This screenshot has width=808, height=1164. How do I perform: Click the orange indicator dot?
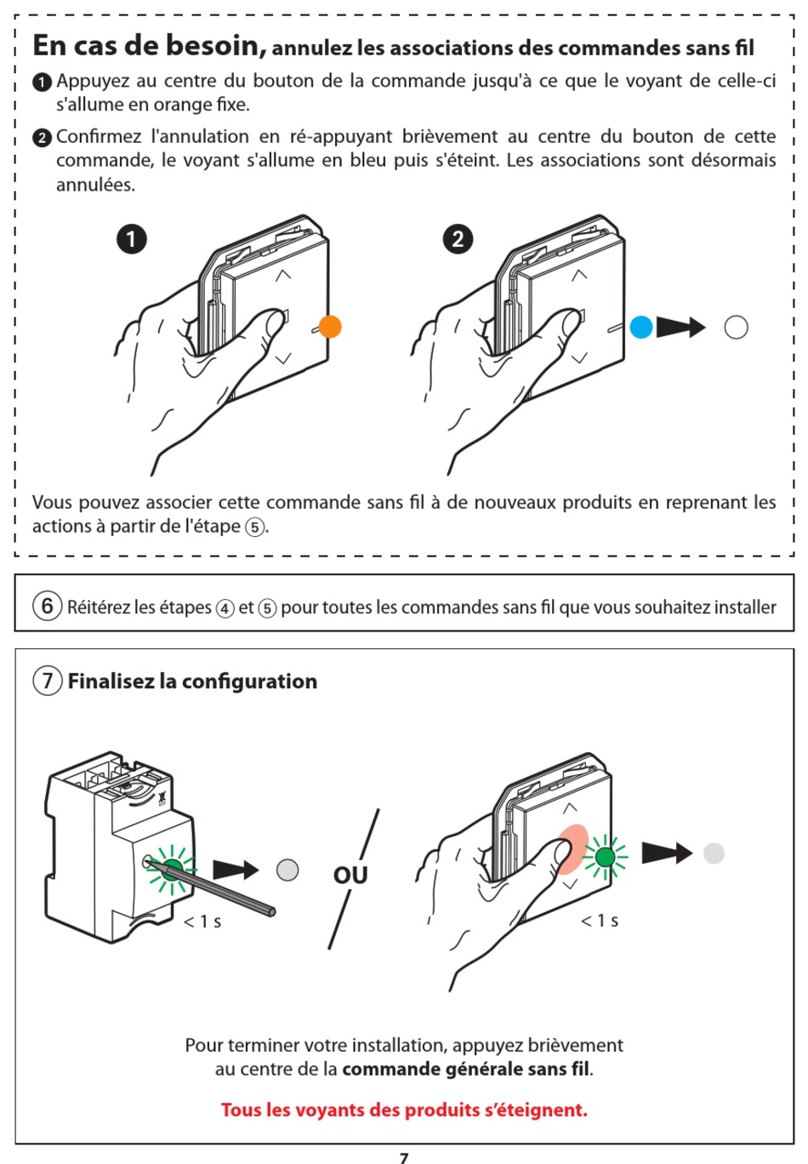[330, 327]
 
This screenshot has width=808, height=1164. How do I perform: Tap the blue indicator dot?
[641, 327]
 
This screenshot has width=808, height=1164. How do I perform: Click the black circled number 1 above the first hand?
[132, 239]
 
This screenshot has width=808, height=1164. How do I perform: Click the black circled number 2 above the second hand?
[458, 239]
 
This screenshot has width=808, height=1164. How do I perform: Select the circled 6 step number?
[48, 606]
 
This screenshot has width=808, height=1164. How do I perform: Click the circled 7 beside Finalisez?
[48, 681]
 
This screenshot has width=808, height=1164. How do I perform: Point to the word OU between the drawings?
[350, 875]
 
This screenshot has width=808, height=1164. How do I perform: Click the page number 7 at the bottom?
[404, 1157]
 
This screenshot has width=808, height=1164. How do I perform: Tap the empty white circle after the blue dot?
[736, 328]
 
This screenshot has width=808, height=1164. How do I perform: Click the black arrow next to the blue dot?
[680, 327]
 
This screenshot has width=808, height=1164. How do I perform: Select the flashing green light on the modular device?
[173, 869]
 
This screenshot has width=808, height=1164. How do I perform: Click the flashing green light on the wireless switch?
[605, 856]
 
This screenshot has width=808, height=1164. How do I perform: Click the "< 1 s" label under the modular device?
[202, 921]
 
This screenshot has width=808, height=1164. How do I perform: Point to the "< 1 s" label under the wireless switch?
[600, 921]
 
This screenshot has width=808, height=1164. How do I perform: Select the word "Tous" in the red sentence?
[242, 1110]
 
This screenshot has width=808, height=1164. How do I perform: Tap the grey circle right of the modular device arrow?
[287, 870]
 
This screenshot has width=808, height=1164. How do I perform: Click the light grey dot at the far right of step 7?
[714, 853]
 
